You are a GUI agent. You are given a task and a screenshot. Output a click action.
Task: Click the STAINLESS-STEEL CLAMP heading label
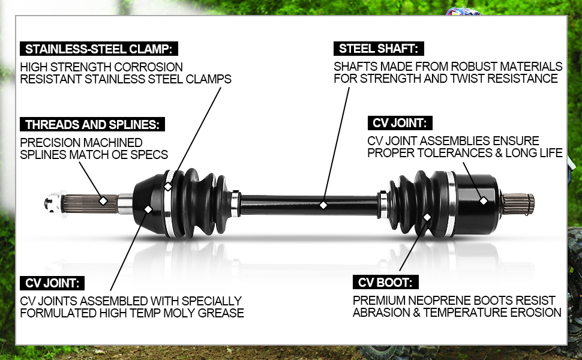pyautogui.click(x=100, y=49)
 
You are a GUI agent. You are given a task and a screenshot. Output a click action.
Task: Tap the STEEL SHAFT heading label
pyautogui.click(x=379, y=49)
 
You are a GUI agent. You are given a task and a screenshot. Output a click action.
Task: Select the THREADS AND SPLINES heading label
pyautogui.click(x=92, y=125)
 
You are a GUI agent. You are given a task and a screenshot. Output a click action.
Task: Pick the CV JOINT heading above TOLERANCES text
pyautogui.click(x=400, y=123)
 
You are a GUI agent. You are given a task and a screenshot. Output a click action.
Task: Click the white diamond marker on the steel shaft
pyautogui.click(x=323, y=205)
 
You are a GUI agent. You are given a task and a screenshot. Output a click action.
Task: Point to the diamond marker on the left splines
pyautogui.click(x=103, y=200)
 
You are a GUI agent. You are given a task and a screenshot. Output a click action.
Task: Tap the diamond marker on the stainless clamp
pyautogui.click(x=168, y=187)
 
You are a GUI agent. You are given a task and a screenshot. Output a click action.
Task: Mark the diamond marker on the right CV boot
pyautogui.click(x=427, y=216)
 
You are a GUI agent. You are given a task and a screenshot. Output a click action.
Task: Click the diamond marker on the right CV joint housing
pyautogui.click(x=483, y=200)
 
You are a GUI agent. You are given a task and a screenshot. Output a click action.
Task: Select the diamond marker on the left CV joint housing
pyautogui.click(x=148, y=209)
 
